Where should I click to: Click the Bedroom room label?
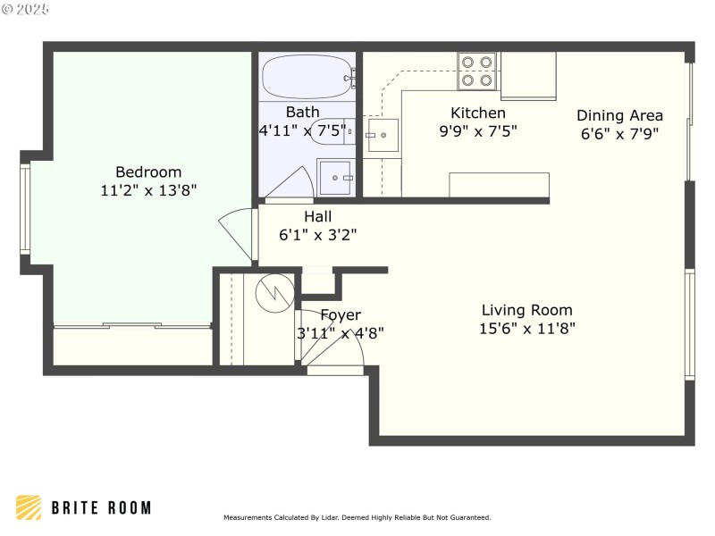click(x=148, y=172)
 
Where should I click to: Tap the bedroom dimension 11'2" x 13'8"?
click(x=148, y=189)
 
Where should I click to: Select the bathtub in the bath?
click(x=307, y=77)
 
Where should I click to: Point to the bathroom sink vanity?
click(x=336, y=177)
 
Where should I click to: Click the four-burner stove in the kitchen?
click(x=477, y=71)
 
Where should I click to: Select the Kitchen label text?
click(x=477, y=113)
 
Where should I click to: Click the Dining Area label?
click(x=619, y=114)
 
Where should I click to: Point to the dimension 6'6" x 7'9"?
click(x=619, y=133)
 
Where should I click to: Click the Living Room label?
click(x=526, y=310)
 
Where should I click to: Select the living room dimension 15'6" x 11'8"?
click(x=526, y=328)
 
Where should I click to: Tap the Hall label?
click(x=317, y=216)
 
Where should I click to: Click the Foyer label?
click(x=341, y=314)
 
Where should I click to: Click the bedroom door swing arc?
click(x=234, y=234)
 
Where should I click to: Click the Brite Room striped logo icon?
click(x=29, y=507)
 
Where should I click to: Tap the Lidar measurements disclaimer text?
click(x=357, y=517)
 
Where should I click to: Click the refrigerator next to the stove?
click(x=528, y=74)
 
